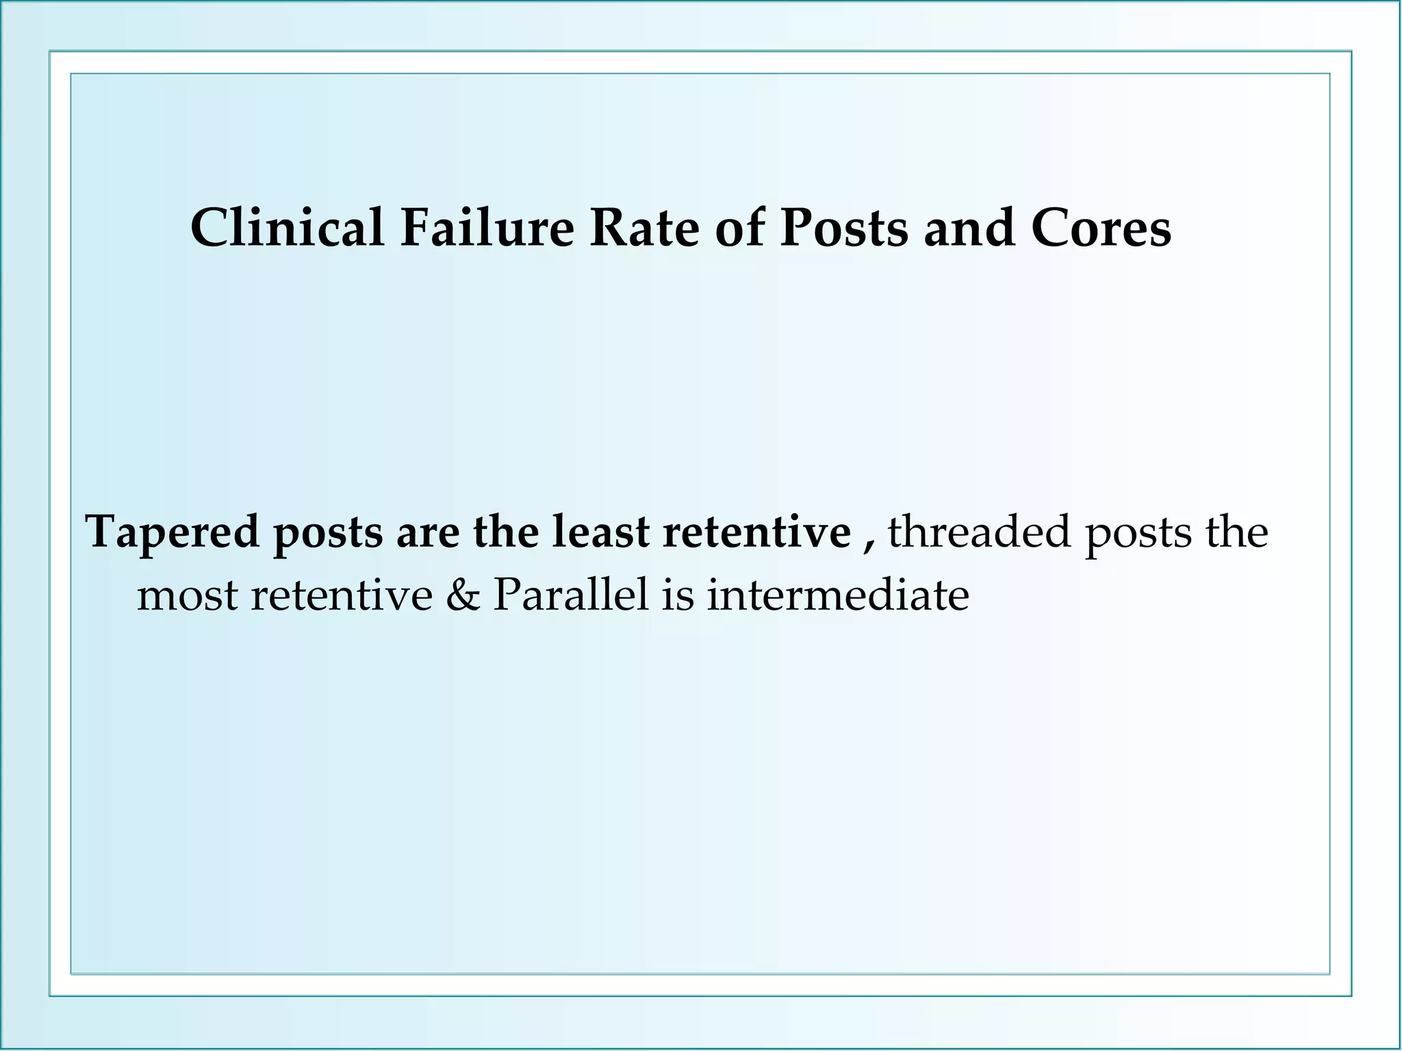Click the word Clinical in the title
tap(287, 228)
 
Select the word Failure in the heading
tap(487, 228)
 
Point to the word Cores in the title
tap(1101, 228)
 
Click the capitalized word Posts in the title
tap(845, 228)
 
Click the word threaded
tap(980, 532)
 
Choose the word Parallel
tap(570, 594)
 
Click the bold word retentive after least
tap(756, 532)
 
